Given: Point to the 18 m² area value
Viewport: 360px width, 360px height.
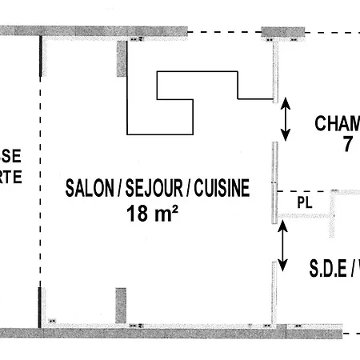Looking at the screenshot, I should pos(152,213).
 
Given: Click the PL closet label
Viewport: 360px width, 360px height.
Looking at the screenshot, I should pos(304,202).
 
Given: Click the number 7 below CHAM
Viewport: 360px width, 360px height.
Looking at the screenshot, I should pos(347,145).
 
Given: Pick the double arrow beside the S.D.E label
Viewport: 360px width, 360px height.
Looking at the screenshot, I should pos(282,246).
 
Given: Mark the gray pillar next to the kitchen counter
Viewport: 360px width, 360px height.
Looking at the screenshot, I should pos(122,58).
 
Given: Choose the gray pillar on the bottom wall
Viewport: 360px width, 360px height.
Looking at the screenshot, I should pos(122,306).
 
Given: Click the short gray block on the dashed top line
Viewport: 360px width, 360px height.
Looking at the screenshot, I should pos(282,32).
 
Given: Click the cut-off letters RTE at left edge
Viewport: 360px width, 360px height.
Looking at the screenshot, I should pos(10,178).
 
